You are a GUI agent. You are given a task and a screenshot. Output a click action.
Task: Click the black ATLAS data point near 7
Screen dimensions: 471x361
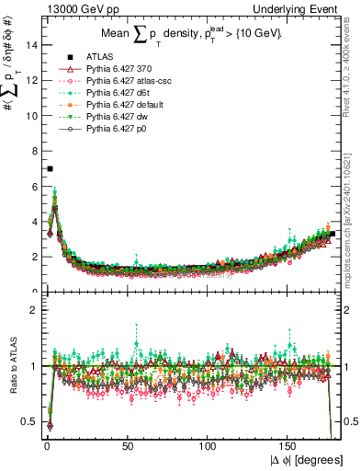pos(51,168)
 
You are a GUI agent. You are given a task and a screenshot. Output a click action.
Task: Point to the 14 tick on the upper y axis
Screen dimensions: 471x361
pos(32,44)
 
